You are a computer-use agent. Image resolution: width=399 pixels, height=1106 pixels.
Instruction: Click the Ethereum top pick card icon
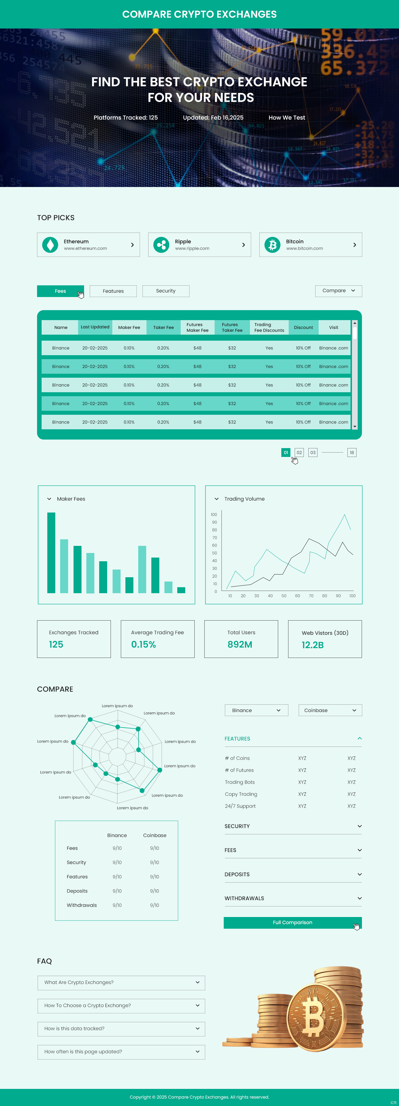point(50,245)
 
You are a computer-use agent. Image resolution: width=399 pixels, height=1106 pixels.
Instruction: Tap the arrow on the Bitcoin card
point(354,245)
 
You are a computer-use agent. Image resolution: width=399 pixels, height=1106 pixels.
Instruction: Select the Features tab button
point(113,291)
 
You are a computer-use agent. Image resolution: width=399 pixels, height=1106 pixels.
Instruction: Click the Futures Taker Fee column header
point(232,328)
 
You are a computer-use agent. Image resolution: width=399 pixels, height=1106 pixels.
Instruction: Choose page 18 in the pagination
point(352,453)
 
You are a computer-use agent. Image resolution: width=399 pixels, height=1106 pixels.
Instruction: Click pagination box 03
point(313,453)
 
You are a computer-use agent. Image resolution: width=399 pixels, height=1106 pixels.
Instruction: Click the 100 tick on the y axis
point(214,514)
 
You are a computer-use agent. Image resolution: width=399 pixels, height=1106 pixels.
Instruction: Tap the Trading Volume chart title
point(244,499)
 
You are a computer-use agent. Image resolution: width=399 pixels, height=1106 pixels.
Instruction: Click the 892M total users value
point(240,645)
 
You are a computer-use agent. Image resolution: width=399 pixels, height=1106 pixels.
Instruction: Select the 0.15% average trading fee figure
point(143,645)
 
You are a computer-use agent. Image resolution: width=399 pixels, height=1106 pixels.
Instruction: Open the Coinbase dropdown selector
point(330,710)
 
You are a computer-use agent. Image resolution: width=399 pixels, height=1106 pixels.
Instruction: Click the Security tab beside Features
point(166,291)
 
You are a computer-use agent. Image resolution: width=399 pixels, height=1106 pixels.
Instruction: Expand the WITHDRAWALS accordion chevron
point(359,898)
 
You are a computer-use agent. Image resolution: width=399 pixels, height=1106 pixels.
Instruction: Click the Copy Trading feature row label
point(241,794)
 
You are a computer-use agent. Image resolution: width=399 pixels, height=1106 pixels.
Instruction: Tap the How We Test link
point(286,118)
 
